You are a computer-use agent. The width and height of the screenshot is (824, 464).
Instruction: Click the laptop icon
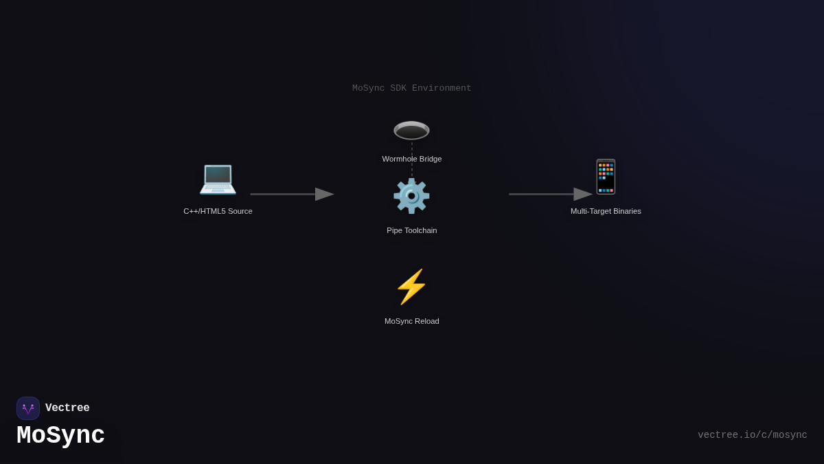pyautogui.click(x=218, y=178)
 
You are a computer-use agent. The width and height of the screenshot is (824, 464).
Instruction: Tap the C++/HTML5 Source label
pyautogui.click(x=218, y=211)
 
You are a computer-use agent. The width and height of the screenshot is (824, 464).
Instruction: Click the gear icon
pyautogui.click(x=411, y=196)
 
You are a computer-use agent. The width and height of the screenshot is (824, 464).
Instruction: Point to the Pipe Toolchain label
pyautogui.click(x=412, y=230)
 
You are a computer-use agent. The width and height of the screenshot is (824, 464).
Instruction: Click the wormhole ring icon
pyautogui.click(x=411, y=130)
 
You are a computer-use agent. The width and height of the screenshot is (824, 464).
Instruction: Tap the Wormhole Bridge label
pyautogui.click(x=412, y=159)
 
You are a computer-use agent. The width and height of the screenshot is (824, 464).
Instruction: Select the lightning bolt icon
pyautogui.click(x=411, y=287)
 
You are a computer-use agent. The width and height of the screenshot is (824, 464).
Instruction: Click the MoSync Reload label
pyautogui.click(x=412, y=321)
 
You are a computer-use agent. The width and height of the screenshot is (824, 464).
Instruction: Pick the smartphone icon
pyautogui.click(x=606, y=177)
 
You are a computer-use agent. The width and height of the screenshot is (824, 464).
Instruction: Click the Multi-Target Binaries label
pyautogui.click(x=606, y=211)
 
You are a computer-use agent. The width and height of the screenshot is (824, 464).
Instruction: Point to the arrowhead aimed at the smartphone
pyautogui.click(x=583, y=194)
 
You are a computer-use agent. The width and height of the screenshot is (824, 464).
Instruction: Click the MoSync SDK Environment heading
pyautogui.click(x=412, y=88)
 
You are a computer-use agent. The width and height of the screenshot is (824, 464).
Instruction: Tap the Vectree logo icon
pyautogui.click(x=28, y=408)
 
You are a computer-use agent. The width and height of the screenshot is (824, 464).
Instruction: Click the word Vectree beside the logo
pyautogui.click(x=67, y=408)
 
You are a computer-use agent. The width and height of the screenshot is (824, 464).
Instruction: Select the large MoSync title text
pyautogui.click(x=60, y=436)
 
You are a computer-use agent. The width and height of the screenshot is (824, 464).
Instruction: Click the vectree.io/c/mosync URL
pyautogui.click(x=753, y=435)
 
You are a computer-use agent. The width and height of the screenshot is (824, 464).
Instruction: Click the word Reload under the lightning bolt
pyautogui.click(x=426, y=321)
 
